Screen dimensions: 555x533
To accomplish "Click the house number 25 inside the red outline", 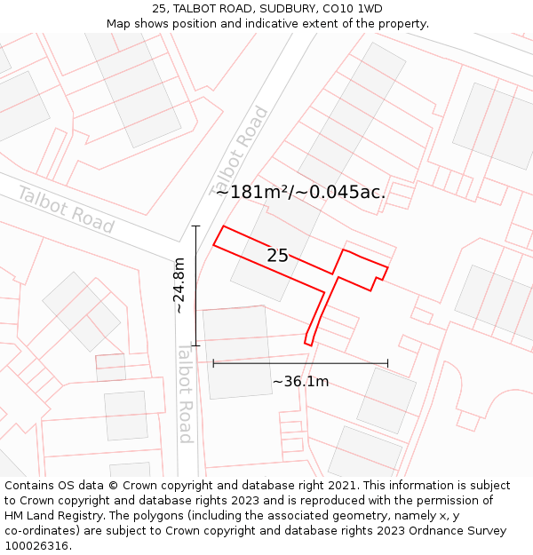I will point(277,256).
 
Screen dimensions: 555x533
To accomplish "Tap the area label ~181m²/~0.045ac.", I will point(300,192).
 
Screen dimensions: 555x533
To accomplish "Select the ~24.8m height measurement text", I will point(179,285).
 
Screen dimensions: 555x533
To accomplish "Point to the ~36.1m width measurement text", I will point(300,382).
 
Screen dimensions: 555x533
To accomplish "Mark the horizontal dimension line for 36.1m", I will point(300,363).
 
